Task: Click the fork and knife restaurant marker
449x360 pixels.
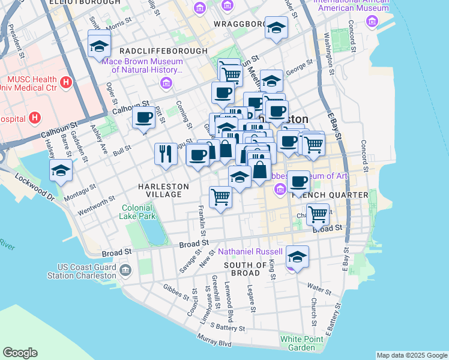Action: (x=165, y=154)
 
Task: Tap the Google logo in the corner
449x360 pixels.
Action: (x=20, y=353)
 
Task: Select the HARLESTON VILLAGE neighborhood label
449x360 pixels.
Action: (x=163, y=190)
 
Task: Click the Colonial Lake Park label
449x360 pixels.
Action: (x=138, y=211)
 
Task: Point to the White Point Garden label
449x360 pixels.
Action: (x=298, y=343)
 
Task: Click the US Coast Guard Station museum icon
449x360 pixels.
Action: (x=125, y=271)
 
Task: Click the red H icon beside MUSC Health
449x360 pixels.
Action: (x=66, y=81)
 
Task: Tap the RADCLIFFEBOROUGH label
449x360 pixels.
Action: (x=163, y=52)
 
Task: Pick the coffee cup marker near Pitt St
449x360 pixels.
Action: (x=144, y=118)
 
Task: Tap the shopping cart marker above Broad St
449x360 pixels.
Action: (x=318, y=213)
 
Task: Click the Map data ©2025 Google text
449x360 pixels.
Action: (x=412, y=355)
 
